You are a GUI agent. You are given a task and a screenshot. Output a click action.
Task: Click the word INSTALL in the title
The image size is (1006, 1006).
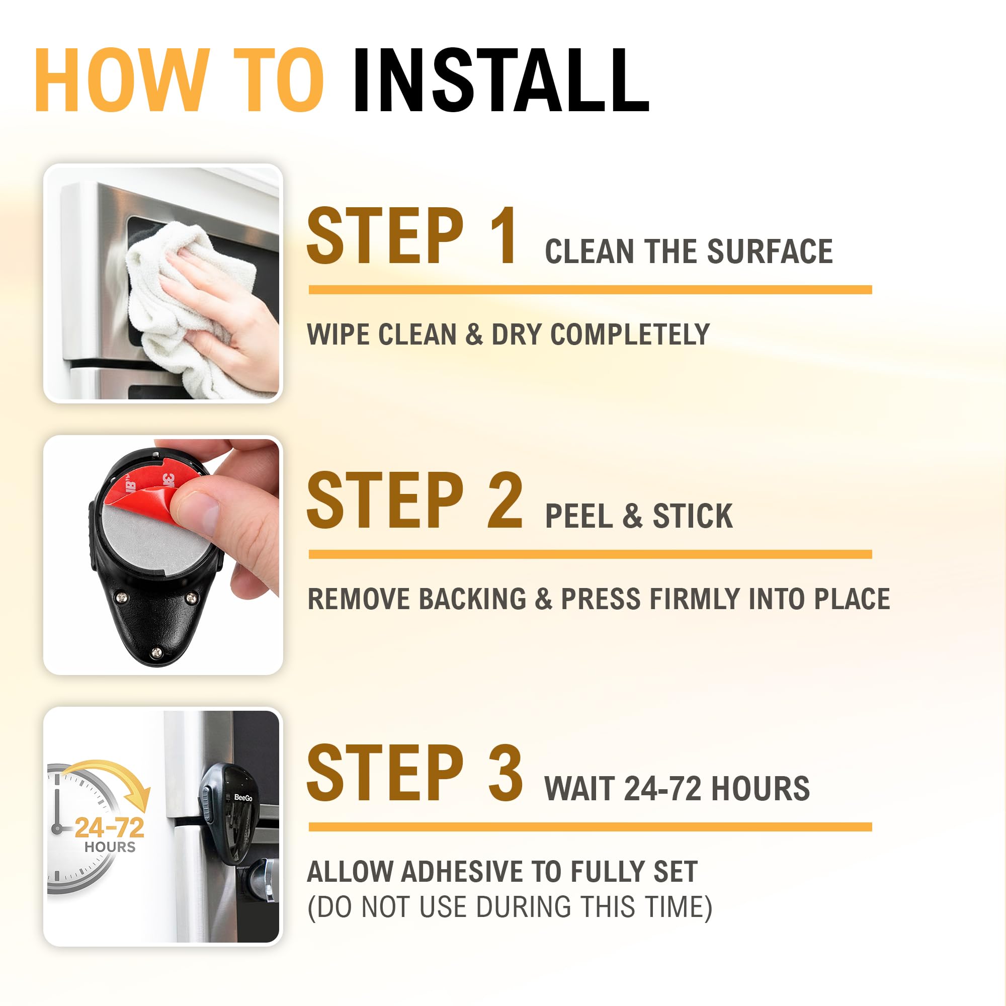point(501,80)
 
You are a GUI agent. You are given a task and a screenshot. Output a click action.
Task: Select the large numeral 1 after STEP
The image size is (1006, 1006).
point(501,237)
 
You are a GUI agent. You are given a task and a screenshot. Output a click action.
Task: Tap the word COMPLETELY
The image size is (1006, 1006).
point(630,334)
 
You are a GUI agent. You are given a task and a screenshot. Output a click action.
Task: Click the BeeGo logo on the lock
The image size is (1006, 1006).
point(243,798)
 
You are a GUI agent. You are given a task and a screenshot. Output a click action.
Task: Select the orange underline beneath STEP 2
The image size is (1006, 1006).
point(590,554)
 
